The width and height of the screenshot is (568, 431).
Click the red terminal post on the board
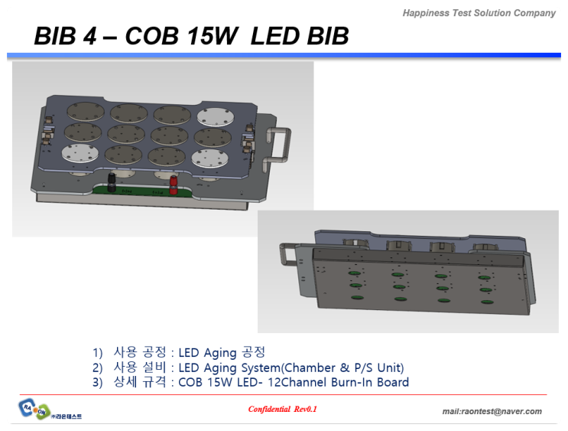(174, 184)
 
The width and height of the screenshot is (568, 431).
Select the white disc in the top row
(212, 117)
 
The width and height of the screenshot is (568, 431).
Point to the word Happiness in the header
(430, 13)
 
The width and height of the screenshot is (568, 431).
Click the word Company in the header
(534, 13)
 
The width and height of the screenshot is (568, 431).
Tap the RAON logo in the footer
(35, 410)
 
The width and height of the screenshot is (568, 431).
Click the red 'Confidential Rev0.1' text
(282, 410)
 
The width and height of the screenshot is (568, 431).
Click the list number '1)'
(97, 353)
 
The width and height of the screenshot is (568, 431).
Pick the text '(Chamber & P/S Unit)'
(342, 367)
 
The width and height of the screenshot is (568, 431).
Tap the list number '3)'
(97, 382)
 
